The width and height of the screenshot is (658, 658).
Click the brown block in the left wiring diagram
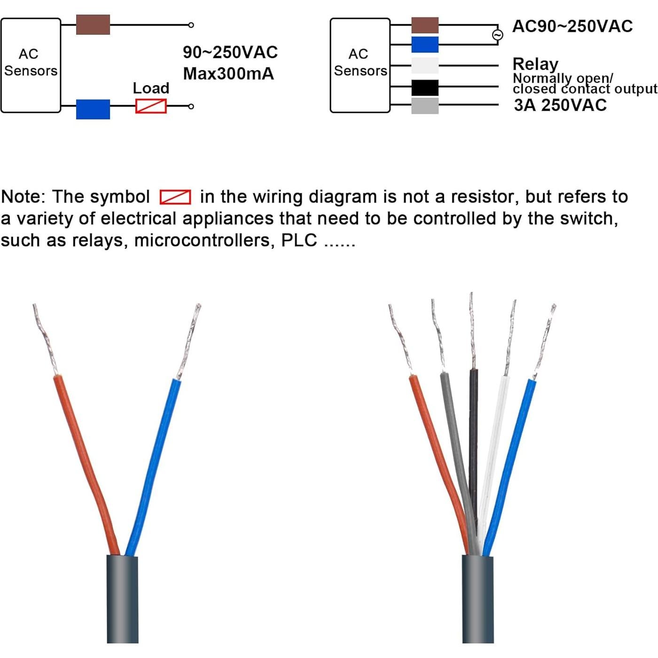click(x=93, y=25)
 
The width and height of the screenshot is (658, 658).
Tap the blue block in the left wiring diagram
click(x=93, y=109)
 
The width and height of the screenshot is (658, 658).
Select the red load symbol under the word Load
click(x=151, y=106)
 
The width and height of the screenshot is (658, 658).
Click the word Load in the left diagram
click(x=151, y=88)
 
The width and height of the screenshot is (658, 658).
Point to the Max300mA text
click(x=228, y=74)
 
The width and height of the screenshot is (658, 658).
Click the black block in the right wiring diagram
click(x=425, y=87)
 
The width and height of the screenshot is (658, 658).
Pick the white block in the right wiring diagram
click(x=425, y=66)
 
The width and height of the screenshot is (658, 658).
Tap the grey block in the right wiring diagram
click(x=425, y=106)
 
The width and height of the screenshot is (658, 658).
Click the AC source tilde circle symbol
click(x=498, y=35)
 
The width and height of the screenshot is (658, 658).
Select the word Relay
click(x=535, y=64)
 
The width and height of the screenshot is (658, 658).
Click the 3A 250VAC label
click(x=560, y=105)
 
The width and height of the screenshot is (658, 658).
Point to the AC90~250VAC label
click(x=572, y=26)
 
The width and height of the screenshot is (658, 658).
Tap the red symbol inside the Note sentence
click(x=175, y=197)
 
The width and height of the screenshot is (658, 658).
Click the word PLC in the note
click(x=299, y=240)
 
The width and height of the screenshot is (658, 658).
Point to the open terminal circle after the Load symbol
click(x=191, y=107)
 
